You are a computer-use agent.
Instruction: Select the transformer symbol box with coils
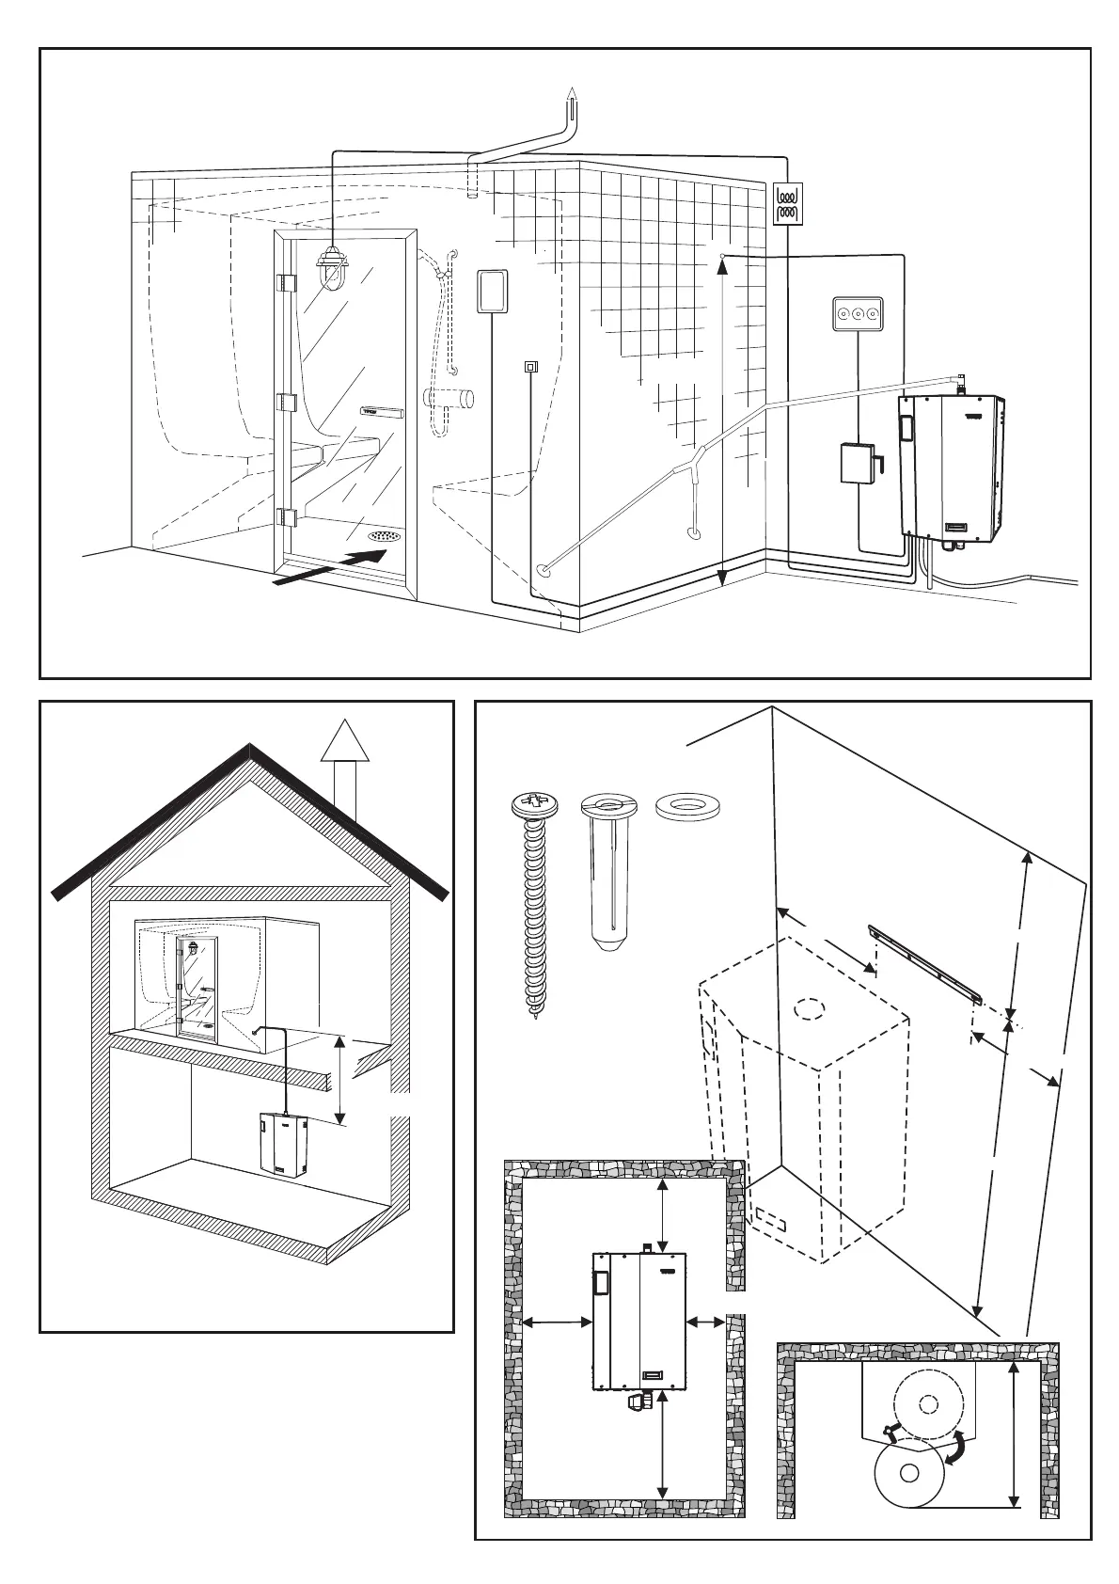click(x=786, y=203)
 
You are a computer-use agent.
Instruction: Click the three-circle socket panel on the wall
click(x=859, y=314)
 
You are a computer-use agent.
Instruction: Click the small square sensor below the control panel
click(x=530, y=367)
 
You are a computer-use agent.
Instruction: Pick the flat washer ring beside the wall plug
click(x=684, y=806)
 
